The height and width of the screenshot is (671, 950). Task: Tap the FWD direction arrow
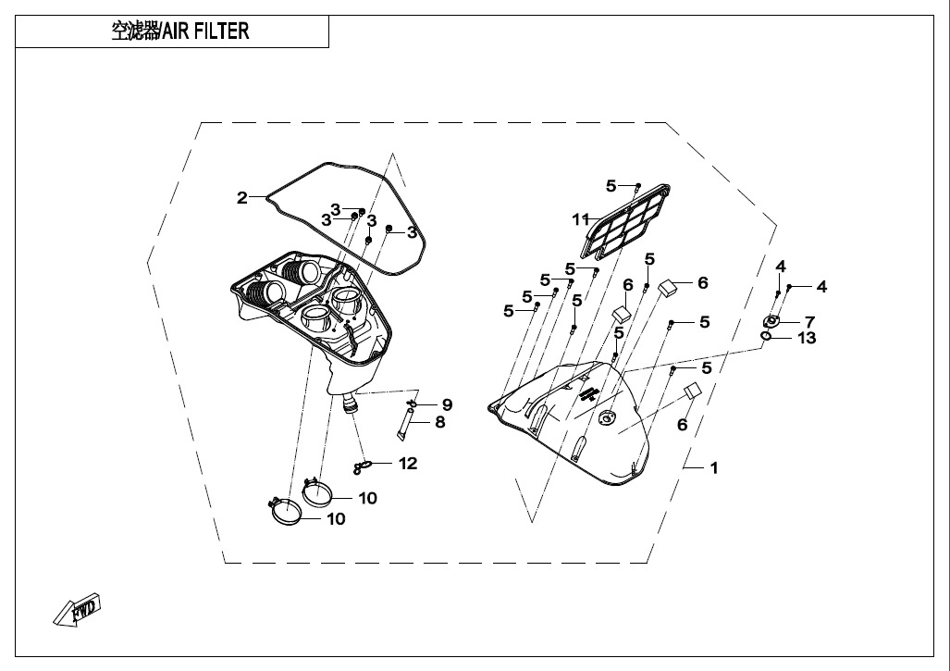pos(77,609)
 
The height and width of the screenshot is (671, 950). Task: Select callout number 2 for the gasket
pos(242,198)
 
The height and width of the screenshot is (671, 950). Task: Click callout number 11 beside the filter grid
pos(581,218)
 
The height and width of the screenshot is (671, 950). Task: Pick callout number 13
pos(808,338)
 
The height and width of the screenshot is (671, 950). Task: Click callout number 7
pos(810,322)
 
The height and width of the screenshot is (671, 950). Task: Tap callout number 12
pos(408,464)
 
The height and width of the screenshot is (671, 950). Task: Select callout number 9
pos(447,404)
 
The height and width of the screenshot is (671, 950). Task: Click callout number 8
pos(440,422)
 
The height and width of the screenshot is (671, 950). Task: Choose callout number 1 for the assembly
pos(714,468)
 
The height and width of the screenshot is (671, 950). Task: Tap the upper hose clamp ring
pos(317,491)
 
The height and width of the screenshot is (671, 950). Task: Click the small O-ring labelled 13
pos(766,336)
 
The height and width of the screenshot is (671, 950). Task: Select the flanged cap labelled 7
pos(771,320)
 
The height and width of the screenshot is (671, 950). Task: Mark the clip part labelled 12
pos(361,466)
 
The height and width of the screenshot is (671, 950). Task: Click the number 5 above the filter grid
pos(611,186)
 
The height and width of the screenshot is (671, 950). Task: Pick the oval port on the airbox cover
pos(606,417)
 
